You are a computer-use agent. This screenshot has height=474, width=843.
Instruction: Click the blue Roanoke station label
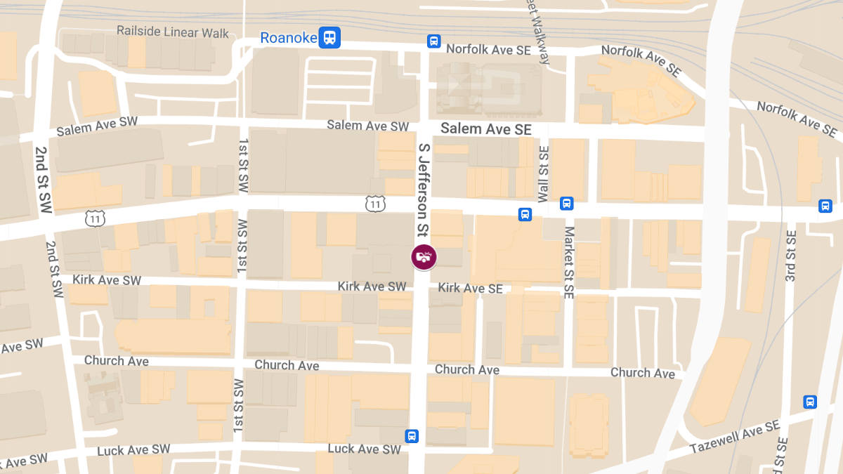[x=289, y=38]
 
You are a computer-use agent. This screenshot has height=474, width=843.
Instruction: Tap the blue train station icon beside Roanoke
[x=329, y=37]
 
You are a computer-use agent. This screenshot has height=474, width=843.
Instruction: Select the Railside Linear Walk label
[x=173, y=32]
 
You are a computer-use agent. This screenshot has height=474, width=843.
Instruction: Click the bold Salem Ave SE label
[x=486, y=129]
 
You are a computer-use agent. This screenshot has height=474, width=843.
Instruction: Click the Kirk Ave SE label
[x=470, y=288]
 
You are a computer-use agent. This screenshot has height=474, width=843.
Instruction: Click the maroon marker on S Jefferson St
[x=424, y=256]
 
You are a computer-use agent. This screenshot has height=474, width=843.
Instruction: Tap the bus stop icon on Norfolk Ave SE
[x=434, y=41]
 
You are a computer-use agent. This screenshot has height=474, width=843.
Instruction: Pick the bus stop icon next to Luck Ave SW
[x=412, y=436]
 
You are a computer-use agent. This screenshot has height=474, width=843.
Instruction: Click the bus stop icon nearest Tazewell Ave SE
[x=810, y=402]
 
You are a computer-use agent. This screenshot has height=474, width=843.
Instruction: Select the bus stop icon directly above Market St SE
[x=567, y=204]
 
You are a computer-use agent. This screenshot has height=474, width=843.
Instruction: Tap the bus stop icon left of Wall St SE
[x=525, y=214]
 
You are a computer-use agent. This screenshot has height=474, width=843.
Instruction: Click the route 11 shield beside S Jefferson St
[x=376, y=204]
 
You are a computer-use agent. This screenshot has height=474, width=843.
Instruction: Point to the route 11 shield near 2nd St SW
[x=96, y=218]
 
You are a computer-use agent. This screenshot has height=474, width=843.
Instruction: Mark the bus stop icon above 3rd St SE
[x=825, y=206]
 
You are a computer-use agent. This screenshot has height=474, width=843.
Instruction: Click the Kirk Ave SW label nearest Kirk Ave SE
[x=372, y=287]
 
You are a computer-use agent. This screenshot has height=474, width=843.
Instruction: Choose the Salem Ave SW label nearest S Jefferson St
[x=367, y=126]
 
